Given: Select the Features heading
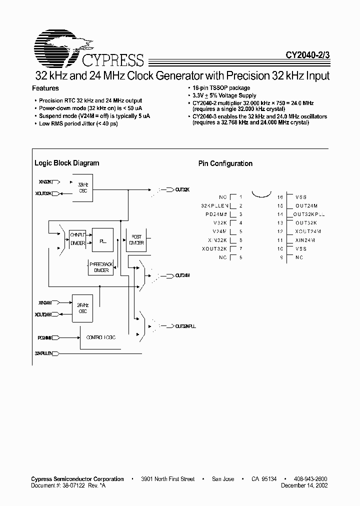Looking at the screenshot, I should (x=45, y=88).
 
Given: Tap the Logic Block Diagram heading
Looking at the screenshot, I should (x=66, y=163).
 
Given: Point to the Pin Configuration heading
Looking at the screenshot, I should (x=225, y=163).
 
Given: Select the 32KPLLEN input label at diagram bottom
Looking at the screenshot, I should (x=44, y=353).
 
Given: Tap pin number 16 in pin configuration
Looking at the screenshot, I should (x=280, y=197).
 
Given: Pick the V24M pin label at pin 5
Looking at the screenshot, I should (x=219, y=231).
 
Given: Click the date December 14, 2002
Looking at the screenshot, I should (x=304, y=485).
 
